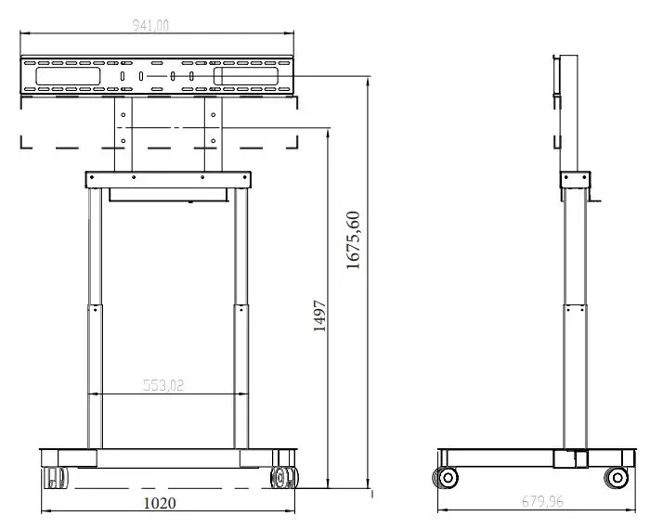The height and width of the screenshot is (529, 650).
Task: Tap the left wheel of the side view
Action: pos(448,478)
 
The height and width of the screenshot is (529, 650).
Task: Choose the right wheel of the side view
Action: pos(616,478)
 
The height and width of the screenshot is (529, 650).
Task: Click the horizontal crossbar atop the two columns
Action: pos(168,178)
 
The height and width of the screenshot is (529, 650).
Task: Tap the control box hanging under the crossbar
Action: pos(168,194)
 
